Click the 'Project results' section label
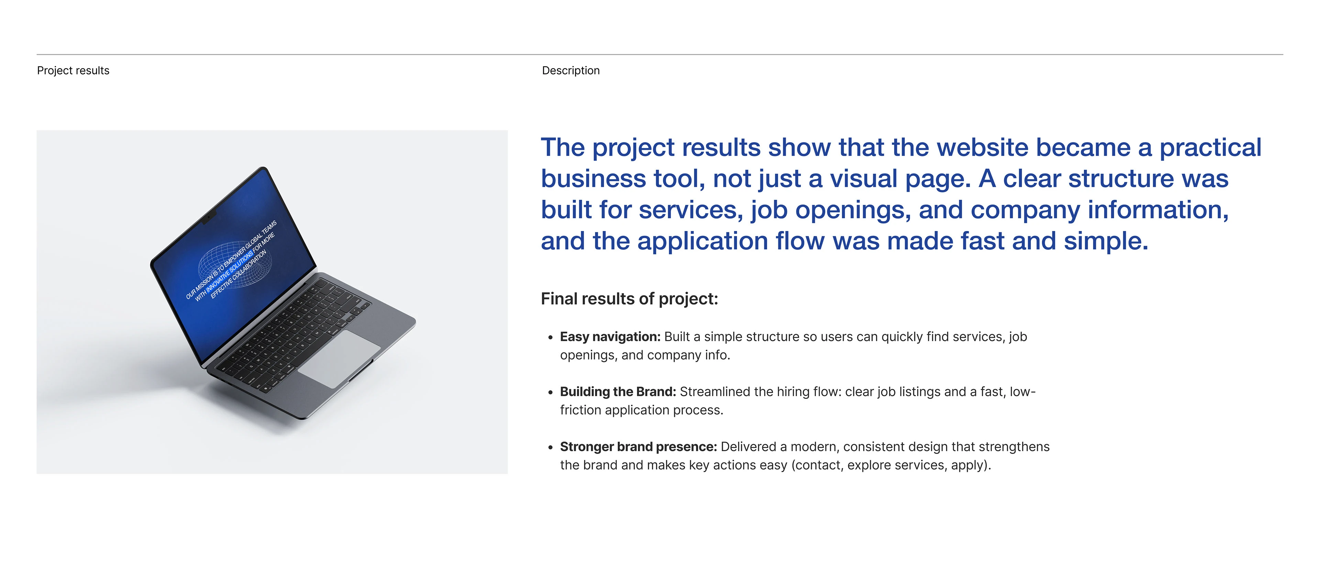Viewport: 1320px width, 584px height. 73,71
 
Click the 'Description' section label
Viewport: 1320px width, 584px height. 570,71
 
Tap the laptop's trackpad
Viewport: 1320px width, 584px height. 339,358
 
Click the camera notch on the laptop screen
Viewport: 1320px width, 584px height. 209,218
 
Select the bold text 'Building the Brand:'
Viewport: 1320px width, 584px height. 617,392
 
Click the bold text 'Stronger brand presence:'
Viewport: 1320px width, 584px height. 638,447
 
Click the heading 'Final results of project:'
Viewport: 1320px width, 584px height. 629,299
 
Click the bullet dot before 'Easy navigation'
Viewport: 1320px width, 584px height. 550,338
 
